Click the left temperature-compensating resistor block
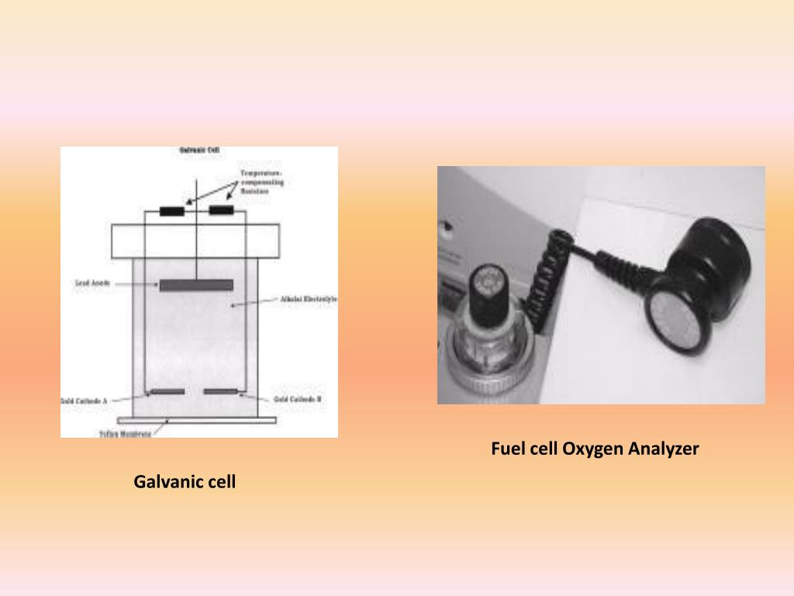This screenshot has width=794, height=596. pyautogui.click(x=171, y=211)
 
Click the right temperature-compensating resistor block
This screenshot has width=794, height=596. pyautogui.click(x=222, y=211)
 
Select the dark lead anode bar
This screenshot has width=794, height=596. pyautogui.click(x=196, y=285)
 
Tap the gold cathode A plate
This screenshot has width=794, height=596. pyautogui.click(x=167, y=392)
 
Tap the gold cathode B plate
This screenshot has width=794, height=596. pyautogui.click(x=221, y=392)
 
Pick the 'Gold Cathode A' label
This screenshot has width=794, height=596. pyautogui.click(x=84, y=400)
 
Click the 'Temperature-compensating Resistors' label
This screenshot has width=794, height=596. pyautogui.click(x=261, y=182)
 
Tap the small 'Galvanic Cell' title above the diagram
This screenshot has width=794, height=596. pyautogui.click(x=198, y=150)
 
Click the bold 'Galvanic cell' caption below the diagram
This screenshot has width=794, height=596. pyautogui.click(x=185, y=482)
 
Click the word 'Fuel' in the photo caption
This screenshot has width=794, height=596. pyautogui.click(x=506, y=449)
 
